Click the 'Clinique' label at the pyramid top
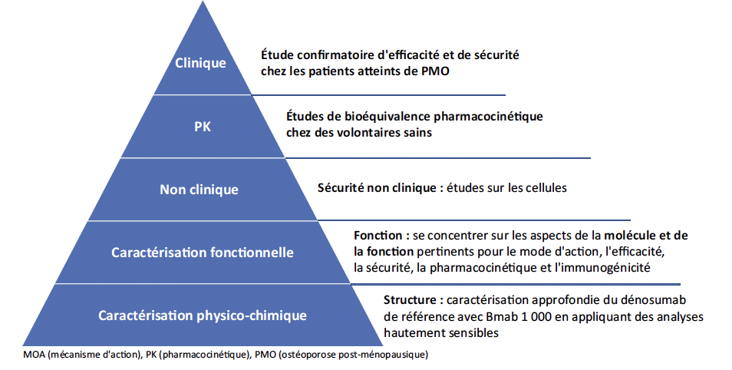(x=200, y=63)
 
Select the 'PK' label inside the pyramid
(x=203, y=127)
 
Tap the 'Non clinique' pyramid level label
(x=199, y=190)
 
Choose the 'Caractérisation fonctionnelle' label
(x=203, y=253)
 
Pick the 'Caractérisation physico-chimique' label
(x=203, y=315)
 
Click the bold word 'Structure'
(x=411, y=300)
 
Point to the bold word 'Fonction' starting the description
(x=378, y=236)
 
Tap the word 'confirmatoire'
(x=327, y=55)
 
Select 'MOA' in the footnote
(x=34, y=355)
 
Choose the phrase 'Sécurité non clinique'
(x=378, y=188)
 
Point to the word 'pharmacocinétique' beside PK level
(x=489, y=117)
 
